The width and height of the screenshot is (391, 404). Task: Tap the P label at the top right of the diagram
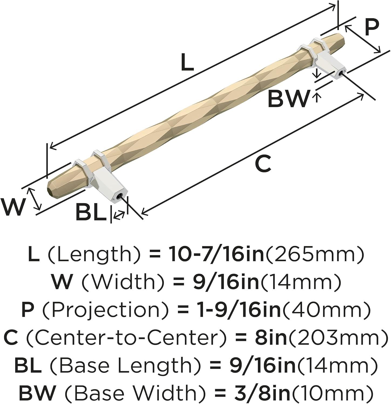tap(372, 28)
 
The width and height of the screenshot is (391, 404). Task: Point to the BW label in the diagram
tap(287, 99)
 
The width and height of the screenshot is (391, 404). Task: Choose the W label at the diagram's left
tap(13, 207)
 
